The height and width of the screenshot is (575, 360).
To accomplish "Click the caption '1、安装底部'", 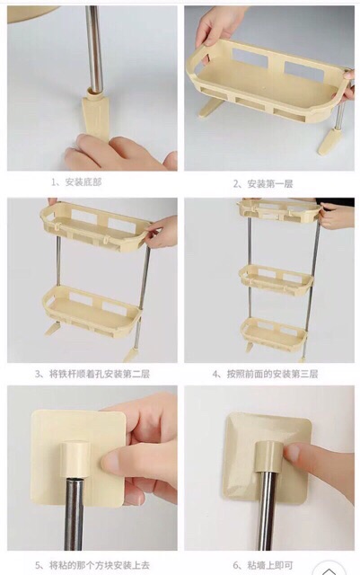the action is click(76, 182).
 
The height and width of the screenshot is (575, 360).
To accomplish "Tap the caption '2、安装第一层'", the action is click(263, 183).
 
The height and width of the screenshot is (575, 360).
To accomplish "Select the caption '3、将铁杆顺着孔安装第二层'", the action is click(92, 374).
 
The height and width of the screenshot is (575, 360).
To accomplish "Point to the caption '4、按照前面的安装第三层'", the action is click(265, 374).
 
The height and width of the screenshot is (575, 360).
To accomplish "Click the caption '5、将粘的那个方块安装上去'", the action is click(92, 565).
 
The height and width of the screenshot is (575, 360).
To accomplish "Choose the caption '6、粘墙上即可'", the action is click(263, 565).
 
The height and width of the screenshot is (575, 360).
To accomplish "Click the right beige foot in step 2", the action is click(328, 141).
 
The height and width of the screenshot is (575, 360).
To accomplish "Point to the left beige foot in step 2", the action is click(209, 108).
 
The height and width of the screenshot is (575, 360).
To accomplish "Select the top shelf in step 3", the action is click(96, 226).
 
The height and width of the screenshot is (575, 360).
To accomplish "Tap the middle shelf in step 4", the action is click(276, 279).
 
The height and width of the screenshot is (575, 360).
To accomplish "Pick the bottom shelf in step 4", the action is click(274, 333).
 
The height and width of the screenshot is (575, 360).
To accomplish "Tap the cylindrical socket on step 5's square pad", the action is click(75, 460).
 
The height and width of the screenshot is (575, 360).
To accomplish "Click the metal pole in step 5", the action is click(75, 513).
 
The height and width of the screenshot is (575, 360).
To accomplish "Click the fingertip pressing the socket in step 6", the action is click(294, 453).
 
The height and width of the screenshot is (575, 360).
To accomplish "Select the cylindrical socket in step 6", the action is click(268, 457).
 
